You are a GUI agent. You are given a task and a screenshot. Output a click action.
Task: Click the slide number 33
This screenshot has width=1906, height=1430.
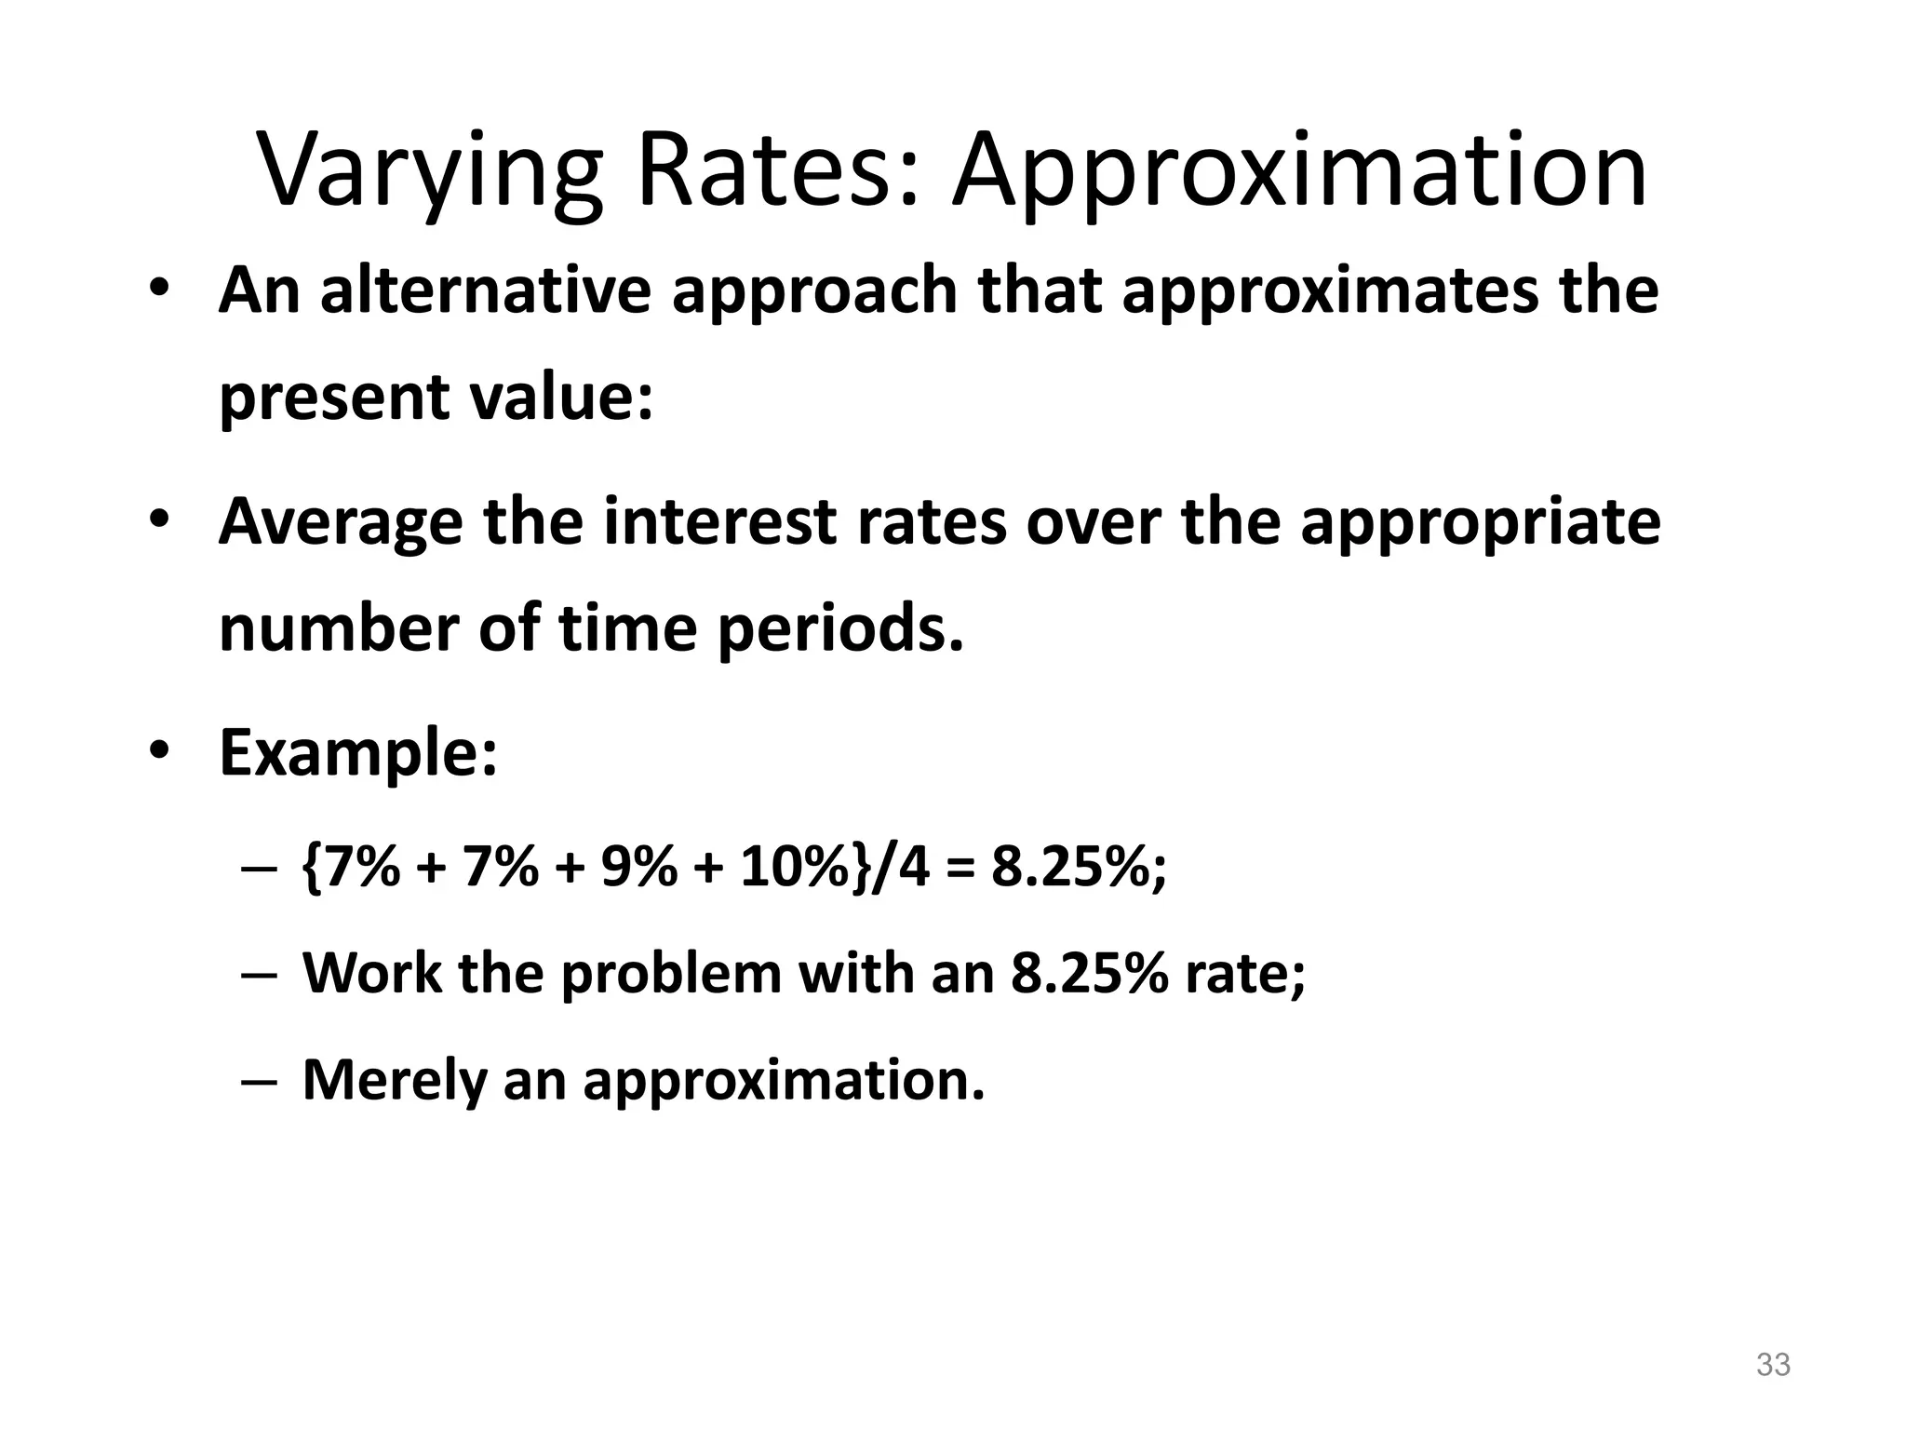tap(1773, 1365)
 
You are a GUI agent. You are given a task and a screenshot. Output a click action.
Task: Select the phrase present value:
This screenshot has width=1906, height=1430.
tap(436, 398)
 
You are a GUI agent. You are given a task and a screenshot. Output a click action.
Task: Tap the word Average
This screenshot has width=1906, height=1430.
tap(339, 522)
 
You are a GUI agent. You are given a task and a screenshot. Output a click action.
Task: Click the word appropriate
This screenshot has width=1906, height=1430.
tap(1480, 524)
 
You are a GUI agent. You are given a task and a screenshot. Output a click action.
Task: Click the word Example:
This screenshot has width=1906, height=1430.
tap(358, 755)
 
